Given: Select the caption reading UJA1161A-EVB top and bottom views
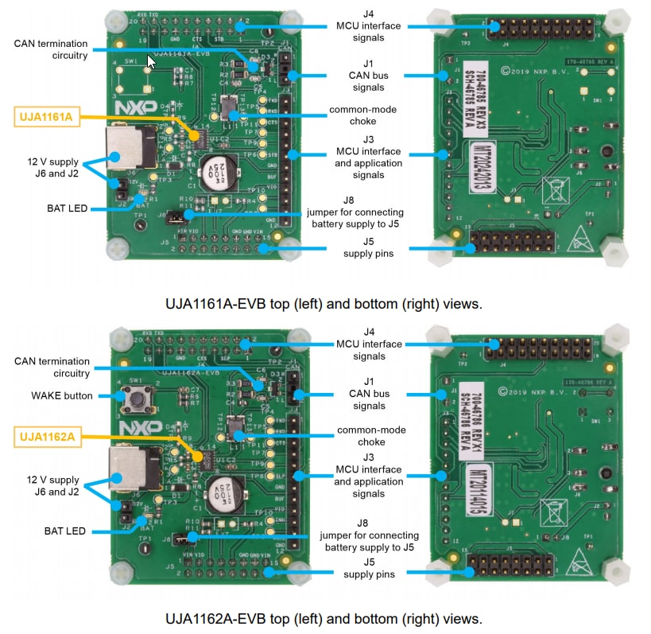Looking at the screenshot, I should [x=324, y=304].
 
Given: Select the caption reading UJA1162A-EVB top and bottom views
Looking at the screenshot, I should [x=324, y=618].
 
